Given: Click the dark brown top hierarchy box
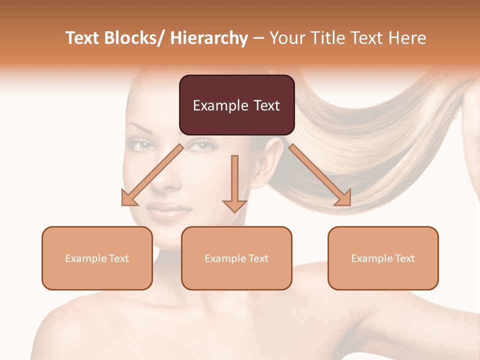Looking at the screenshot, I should coord(236,105).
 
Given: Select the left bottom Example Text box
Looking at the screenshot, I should coord(97,258).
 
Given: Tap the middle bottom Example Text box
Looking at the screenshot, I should coord(236,258).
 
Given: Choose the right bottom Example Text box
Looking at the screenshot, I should coord(383,258).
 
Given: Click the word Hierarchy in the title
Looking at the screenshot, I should coord(209,38).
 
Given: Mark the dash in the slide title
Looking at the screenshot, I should coord(258,38).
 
